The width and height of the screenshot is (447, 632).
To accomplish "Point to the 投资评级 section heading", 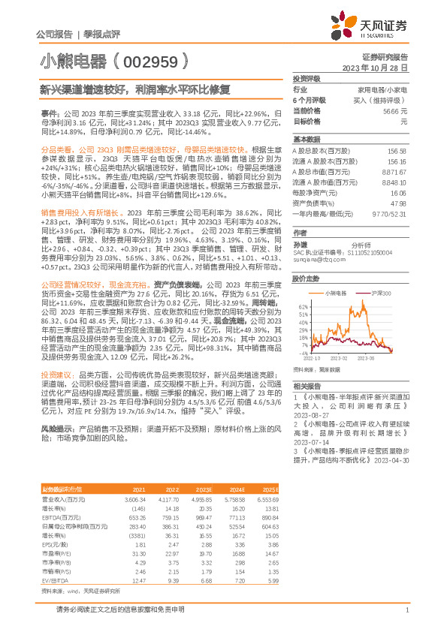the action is click(x=307, y=78).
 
